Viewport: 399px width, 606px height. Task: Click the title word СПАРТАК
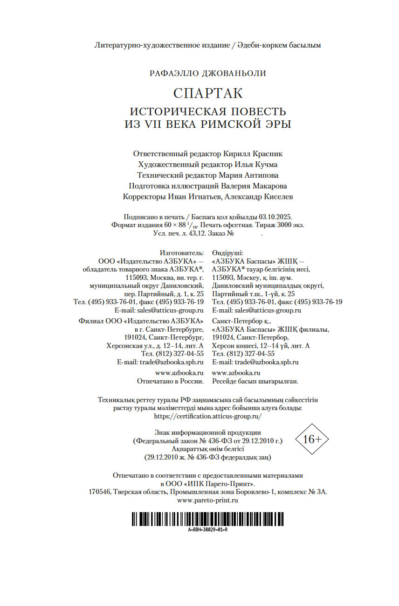[208, 93]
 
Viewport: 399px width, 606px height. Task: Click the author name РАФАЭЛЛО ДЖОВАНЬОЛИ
[208, 73]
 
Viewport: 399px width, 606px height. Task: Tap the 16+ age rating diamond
[312, 439]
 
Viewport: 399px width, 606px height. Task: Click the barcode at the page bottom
[208, 519]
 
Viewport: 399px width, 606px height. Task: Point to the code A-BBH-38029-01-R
[208, 530]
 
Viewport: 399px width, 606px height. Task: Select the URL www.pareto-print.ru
[208, 500]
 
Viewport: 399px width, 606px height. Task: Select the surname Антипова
[261, 175]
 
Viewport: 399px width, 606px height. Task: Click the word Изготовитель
[181, 252]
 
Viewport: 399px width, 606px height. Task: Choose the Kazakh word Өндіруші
[227, 252]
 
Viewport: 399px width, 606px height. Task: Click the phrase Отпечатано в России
[170, 381]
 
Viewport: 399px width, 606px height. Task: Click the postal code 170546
[99, 492]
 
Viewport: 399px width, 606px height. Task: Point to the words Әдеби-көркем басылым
[279, 45]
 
